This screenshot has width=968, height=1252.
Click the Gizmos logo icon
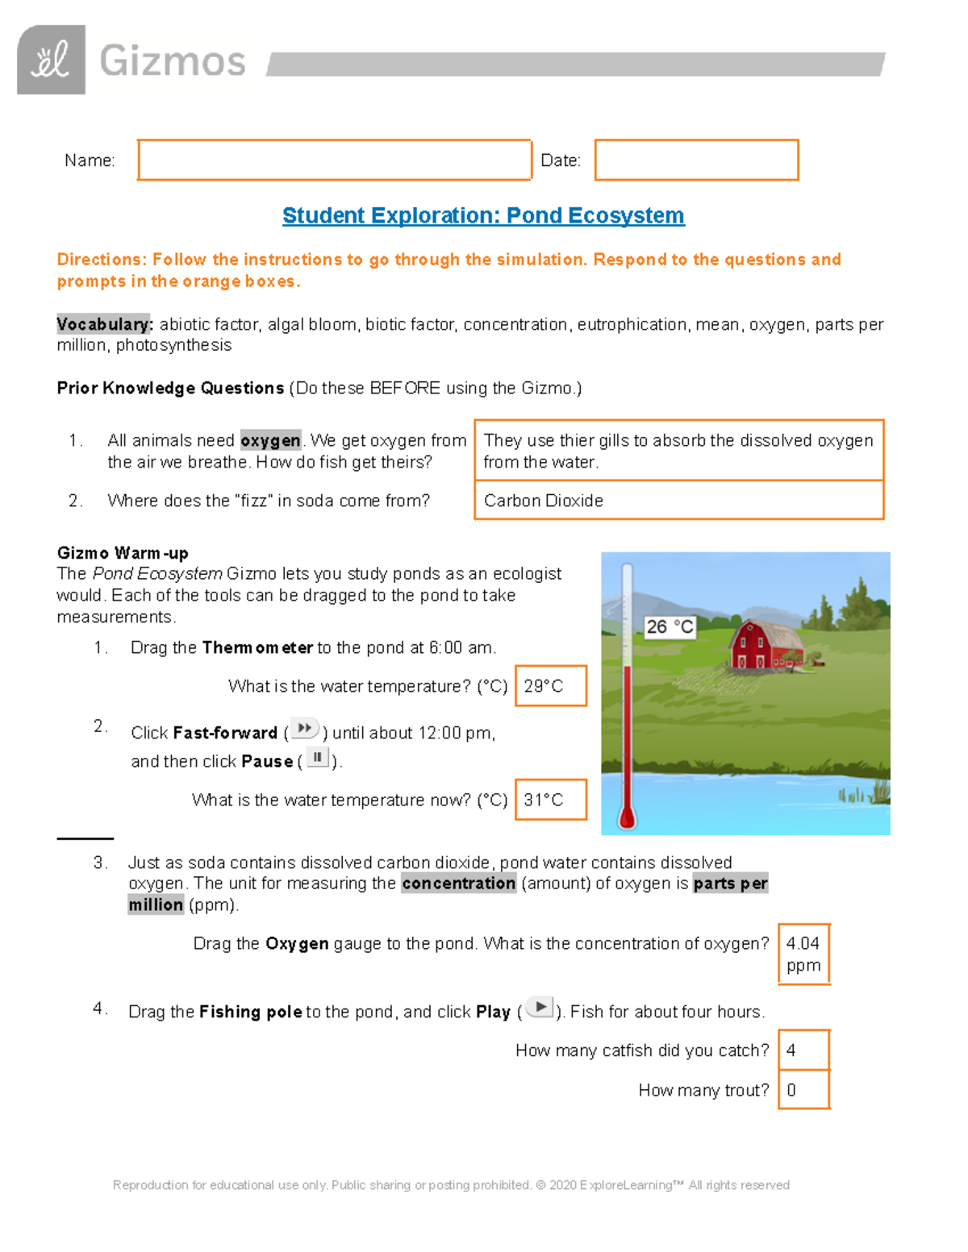pyautogui.click(x=51, y=60)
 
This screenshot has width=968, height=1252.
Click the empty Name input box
pyautogui.click(x=334, y=160)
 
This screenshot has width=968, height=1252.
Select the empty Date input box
pyautogui.click(x=696, y=160)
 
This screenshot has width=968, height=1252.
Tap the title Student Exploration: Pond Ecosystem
pyautogui.click(x=483, y=215)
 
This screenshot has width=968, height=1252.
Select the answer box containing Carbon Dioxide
pyautogui.click(x=678, y=501)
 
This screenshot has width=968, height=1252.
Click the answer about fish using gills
pyautogui.click(x=678, y=451)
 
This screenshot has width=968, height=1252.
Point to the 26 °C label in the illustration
pyautogui.click(x=669, y=626)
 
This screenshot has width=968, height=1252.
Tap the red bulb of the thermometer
pyautogui.click(x=627, y=817)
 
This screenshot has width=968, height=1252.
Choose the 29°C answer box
pyautogui.click(x=550, y=686)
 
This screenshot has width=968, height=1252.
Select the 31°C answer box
pyautogui.click(x=550, y=800)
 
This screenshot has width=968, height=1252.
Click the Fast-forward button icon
pyautogui.click(x=304, y=729)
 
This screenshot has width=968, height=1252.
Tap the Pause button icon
pyautogui.click(x=318, y=758)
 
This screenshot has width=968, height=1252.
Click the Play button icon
pyautogui.click(x=539, y=1008)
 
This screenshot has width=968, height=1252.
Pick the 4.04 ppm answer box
pyautogui.click(x=803, y=955)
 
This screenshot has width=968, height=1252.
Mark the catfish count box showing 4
pyautogui.click(x=803, y=1050)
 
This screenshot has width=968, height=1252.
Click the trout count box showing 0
pyautogui.click(x=803, y=1090)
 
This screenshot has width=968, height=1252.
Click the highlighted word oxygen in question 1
pyautogui.click(x=270, y=440)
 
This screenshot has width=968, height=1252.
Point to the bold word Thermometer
pyautogui.click(x=257, y=647)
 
